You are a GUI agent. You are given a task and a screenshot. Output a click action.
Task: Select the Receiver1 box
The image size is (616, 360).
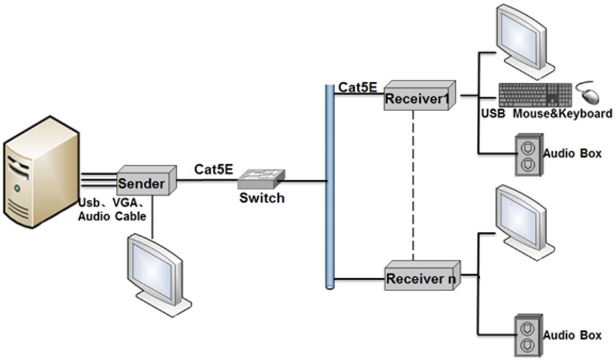[418, 97]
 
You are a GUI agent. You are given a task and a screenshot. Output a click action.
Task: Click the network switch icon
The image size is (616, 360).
[261, 179]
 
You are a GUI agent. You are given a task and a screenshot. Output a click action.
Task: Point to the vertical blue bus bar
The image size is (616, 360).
[329, 185]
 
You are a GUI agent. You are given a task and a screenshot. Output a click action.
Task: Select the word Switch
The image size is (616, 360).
[261, 198]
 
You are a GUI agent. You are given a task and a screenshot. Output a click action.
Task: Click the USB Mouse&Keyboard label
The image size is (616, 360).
[546, 114]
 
